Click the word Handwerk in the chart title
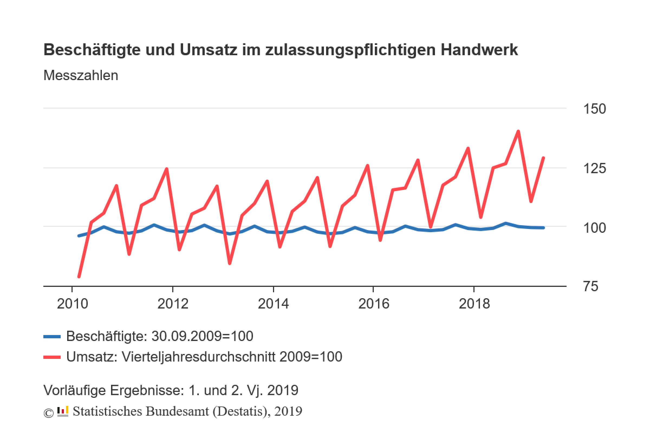click(x=479, y=50)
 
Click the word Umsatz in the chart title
click(x=208, y=50)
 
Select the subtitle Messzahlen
click(x=81, y=76)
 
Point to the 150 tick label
click(x=594, y=109)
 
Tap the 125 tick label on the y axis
click(x=594, y=168)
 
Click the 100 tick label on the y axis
click(x=594, y=228)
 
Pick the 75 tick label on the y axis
click(x=591, y=286)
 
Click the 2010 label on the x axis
click(x=72, y=304)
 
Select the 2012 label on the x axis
click(x=173, y=304)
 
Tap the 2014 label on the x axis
click(x=273, y=304)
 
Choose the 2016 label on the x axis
click(x=374, y=304)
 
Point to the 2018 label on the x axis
click(x=474, y=304)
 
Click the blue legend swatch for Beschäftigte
click(x=52, y=337)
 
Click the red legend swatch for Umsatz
click(x=52, y=357)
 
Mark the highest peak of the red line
click(x=518, y=132)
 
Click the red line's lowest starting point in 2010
click(x=79, y=276)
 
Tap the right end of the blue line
click(x=543, y=228)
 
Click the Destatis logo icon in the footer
click(x=63, y=411)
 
